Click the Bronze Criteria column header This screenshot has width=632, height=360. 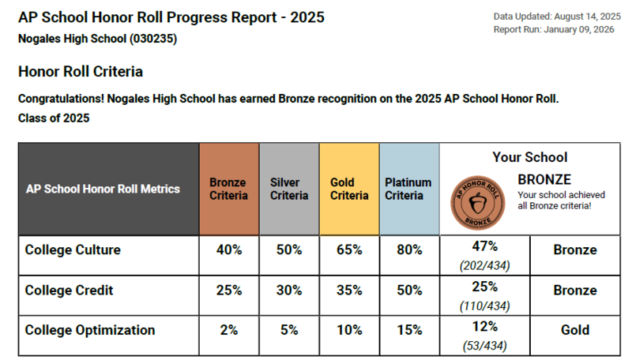228,189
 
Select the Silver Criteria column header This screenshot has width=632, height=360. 289,189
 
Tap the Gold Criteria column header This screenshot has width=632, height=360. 348,189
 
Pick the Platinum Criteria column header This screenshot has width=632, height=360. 408,189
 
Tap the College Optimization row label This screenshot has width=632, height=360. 90,330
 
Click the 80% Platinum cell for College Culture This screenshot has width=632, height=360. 408,250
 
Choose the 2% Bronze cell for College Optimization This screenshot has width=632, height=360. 228,330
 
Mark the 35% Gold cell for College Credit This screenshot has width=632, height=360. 348,291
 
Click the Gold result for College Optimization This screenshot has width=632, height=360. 574,330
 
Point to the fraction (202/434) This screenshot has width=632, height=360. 484,265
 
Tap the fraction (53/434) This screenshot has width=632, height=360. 484,345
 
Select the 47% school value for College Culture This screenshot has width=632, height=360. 484,246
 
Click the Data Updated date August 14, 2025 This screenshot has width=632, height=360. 583,16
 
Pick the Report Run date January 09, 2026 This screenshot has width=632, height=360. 581,29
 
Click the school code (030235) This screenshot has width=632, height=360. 149,38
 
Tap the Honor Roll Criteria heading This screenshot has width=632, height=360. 81,72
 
